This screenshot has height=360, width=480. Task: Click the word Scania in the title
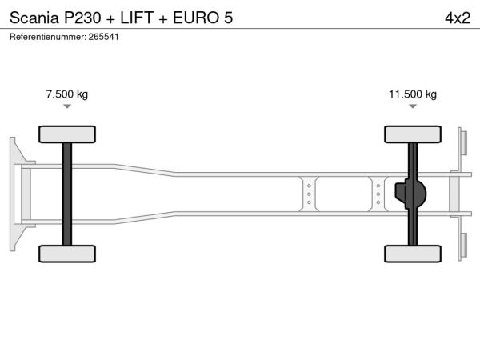(34, 18)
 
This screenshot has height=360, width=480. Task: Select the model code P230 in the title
(82, 18)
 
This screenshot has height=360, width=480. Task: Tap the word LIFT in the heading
(137, 18)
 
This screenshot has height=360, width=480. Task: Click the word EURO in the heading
(196, 18)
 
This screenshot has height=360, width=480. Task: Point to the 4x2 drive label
(458, 18)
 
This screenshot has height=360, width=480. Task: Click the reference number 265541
(103, 37)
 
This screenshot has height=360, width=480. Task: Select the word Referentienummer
(47, 37)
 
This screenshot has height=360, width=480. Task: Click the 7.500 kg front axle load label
(67, 94)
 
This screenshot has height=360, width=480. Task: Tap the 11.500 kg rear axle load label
(413, 94)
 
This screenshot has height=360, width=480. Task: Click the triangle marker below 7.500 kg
(67, 106)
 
